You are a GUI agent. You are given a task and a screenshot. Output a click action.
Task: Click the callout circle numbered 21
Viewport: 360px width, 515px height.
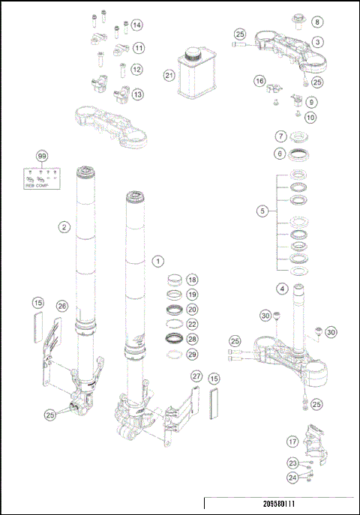point(169,76)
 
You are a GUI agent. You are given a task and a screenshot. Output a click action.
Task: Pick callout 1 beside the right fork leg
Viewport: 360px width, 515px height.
point(157,262)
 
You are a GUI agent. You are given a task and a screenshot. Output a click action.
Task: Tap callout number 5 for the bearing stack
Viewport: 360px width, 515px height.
point(262,211)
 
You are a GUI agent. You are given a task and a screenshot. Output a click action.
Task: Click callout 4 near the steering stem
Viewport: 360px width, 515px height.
point(282,288)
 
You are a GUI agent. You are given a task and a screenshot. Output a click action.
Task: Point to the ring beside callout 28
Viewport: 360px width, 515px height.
point(174,338)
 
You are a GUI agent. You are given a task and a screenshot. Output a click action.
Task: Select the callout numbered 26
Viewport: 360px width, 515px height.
point(62,306)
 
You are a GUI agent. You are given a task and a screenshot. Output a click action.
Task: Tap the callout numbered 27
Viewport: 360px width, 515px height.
point(196,376)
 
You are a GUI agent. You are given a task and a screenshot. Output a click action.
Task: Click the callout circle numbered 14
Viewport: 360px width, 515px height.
point(136,25)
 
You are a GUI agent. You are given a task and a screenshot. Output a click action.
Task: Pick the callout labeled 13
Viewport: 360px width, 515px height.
point(137,94)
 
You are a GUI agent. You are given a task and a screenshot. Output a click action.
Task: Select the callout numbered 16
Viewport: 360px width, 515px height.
point(259,81)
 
